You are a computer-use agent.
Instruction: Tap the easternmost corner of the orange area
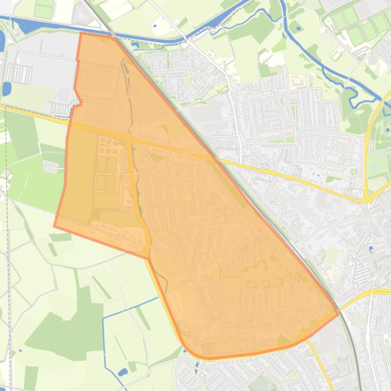pos(338,314)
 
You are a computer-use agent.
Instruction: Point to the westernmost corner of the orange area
pos(54,226)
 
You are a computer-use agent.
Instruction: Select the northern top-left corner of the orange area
pos(81,34)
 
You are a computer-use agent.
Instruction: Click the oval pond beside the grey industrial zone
pos(7,89)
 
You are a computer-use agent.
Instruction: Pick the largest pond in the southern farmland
pos(123,372)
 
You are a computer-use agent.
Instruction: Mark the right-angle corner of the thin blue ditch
pos(104,318)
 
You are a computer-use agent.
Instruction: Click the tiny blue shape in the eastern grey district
pos(372,249)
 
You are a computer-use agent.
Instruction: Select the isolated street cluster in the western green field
pos(51,166)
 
